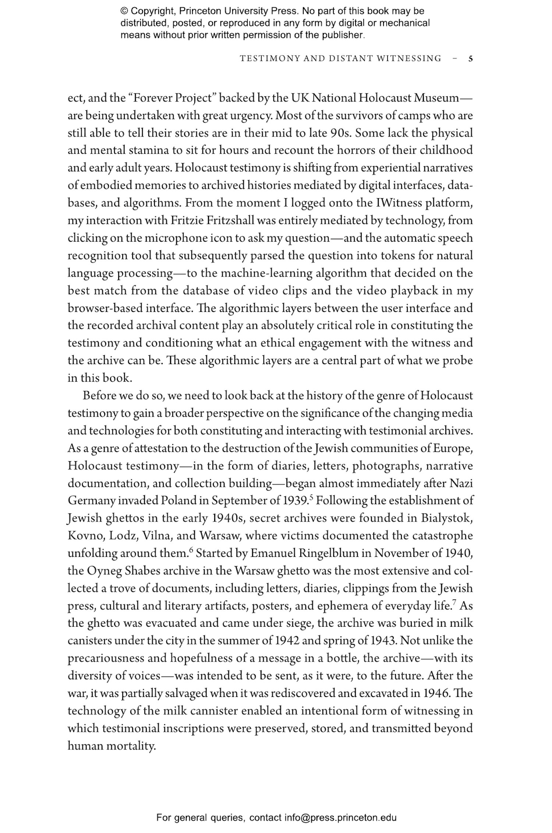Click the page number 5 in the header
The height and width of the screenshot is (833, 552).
(x=471, y=58)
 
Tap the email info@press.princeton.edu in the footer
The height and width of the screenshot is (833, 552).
(x=340, y=818)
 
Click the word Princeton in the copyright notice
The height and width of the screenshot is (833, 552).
(x=201, y=11)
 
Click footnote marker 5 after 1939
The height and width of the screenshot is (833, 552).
(x=311, y=498)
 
